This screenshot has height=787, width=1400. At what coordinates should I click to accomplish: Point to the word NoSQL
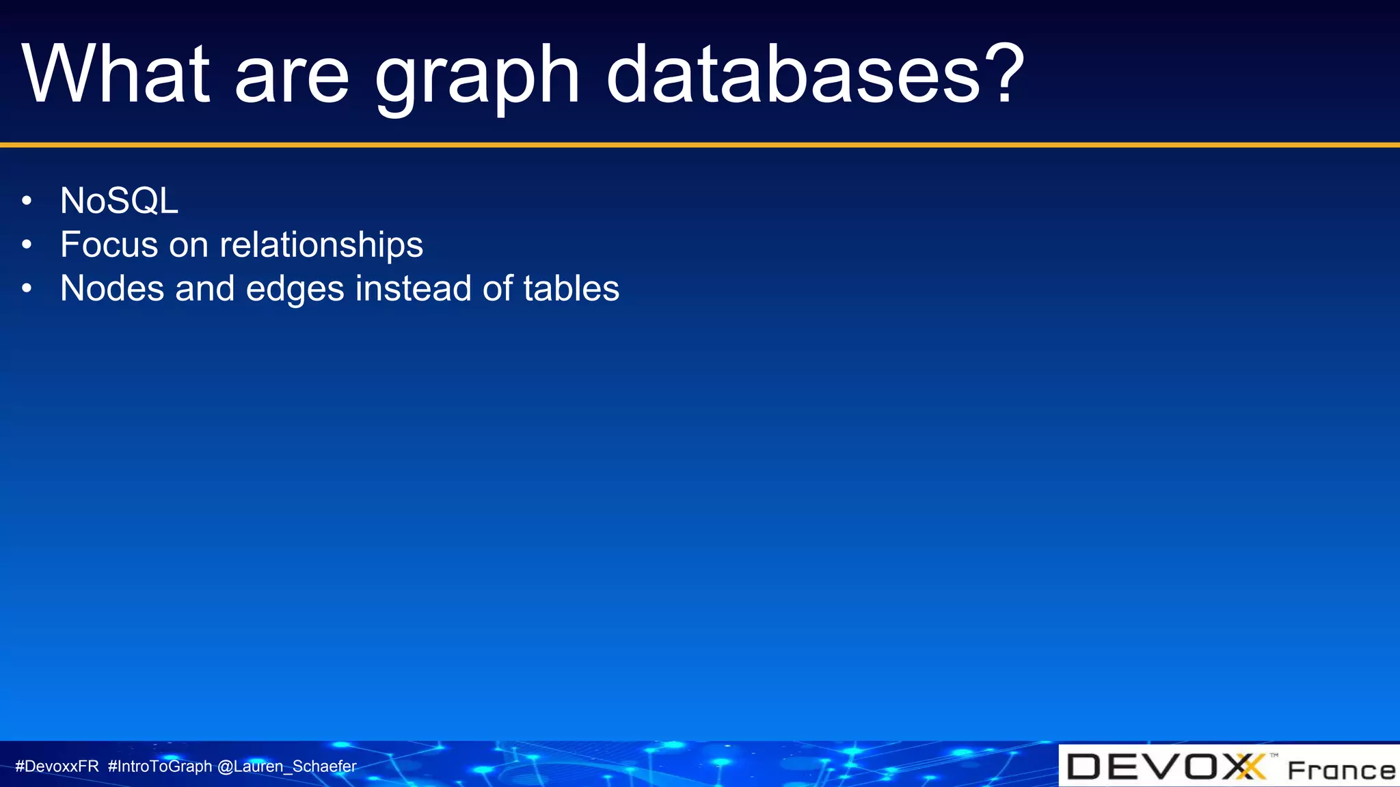click(119, 201)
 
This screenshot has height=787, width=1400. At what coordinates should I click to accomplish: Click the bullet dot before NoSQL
click(27, 201)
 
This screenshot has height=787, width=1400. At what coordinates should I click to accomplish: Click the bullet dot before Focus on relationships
click(27, 245)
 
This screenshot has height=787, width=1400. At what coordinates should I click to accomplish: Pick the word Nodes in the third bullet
click(112, 288)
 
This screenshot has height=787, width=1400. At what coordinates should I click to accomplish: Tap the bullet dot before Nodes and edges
click(27, 288)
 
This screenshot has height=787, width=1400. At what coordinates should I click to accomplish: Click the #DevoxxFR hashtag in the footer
click(57, 767)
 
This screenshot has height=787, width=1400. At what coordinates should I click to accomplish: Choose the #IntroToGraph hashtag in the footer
click(160, 767)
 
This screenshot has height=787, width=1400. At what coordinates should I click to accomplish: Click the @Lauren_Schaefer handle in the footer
click(286, 767)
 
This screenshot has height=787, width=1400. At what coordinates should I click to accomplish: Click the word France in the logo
click(1341, 771)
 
